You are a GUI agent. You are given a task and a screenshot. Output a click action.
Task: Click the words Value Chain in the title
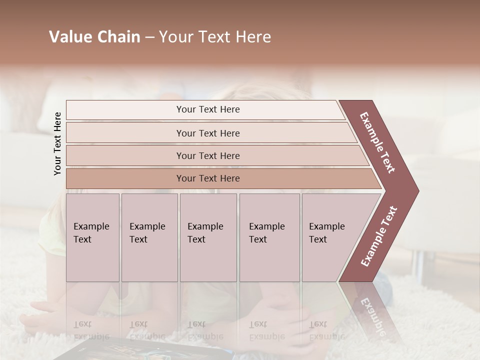click(94, 37)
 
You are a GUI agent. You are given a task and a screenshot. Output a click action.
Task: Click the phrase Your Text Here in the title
click(215, 37)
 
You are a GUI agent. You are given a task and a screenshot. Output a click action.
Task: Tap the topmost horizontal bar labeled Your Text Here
click(207, 109)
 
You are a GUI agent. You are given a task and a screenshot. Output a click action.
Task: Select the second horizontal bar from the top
click(207, 133)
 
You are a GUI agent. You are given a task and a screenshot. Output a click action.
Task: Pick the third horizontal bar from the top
click(207, 155)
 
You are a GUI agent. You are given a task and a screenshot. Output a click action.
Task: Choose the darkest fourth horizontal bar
click(207, 178)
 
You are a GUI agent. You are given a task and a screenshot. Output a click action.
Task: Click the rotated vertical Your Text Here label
click(57, 143)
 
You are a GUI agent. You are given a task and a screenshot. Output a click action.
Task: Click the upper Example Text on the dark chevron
click(378, 142)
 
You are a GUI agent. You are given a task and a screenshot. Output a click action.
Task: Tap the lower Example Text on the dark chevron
click(379, 236)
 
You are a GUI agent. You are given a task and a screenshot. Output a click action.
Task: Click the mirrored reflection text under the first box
click(88, 330)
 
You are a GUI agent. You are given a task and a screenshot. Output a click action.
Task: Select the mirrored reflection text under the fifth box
click(320, 330)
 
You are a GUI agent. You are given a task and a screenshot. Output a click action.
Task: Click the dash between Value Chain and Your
click(149, 37)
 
